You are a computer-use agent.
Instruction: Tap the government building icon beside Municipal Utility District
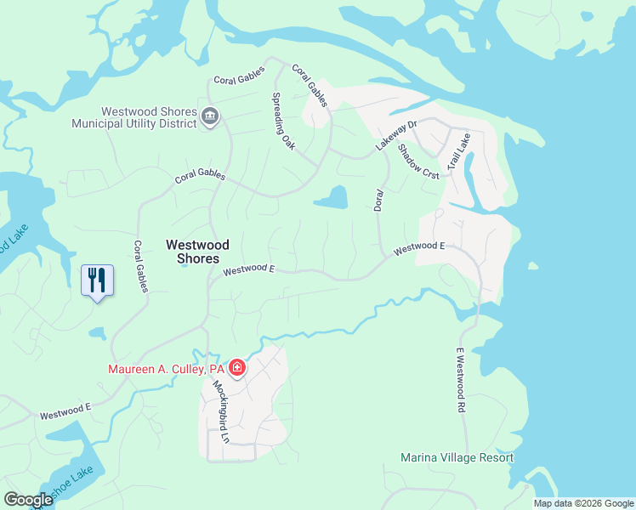[210, 116]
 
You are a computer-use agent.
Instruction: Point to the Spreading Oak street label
[284, 122]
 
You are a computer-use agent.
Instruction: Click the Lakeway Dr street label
[397, 136]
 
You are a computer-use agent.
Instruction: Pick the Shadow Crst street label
[419, 159]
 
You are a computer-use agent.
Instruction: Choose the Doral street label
[379, 201]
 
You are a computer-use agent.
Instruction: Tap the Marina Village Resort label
[457, 457]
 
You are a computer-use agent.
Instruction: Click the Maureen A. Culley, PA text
[166, 369]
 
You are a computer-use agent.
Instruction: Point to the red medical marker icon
[237, 368]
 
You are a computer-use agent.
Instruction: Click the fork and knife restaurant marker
[96, 279]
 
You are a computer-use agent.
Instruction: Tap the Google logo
[28, 500]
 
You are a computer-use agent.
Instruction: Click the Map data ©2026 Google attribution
[583, 503]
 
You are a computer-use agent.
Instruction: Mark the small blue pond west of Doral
[332, 198]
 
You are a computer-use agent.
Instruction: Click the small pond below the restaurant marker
[96, 332]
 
